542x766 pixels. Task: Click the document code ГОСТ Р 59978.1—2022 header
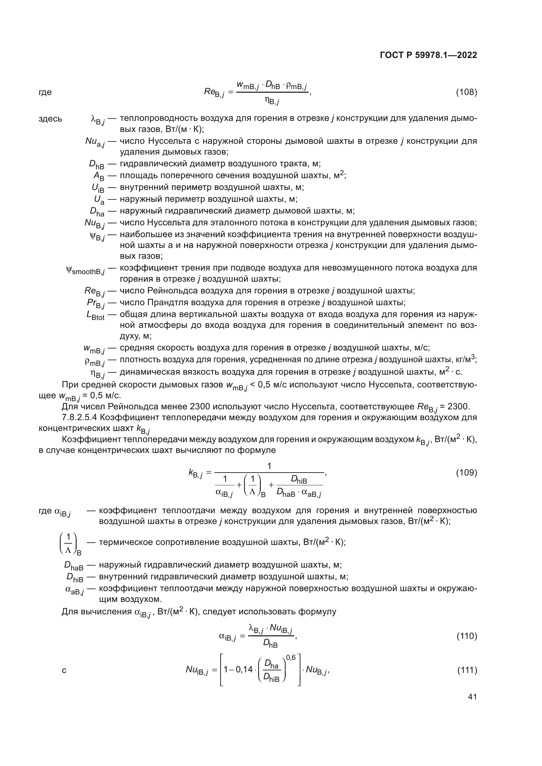click(x=428, y=55)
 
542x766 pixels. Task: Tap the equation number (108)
click(x=466, y=92)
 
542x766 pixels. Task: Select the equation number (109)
click(x=466, y=473)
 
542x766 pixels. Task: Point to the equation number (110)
click(x=466, y=636)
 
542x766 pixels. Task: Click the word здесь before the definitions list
click(x=50, y=119)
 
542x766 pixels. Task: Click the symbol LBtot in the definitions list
click(x=95, y=316)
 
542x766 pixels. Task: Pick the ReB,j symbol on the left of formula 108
click(x=214, y=93)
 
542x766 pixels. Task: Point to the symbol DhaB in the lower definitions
click(x=74, y=566)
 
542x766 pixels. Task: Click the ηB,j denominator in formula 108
click(x=272, y=100)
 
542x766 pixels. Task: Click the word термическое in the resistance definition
click(x=122, y=542)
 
